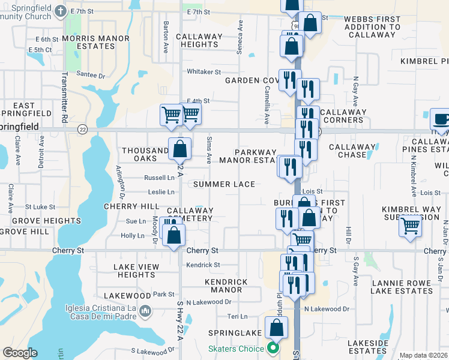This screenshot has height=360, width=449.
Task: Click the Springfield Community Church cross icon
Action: click(x=61, y=11)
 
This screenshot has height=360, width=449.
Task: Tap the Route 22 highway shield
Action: click(x=82, y=128)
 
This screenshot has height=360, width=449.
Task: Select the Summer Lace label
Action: click(x=224, y=184)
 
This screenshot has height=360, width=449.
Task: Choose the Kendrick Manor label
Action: click(x=226, y=286)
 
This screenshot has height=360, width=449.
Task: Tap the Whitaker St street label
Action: click(x=204, y=71)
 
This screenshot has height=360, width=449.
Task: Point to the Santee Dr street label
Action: click(x=91, y=75)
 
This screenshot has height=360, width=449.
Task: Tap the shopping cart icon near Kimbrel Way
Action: click(x=411, y=227)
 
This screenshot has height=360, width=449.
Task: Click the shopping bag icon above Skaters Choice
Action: click(x=276, y=328)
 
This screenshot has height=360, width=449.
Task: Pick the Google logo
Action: click(x=20, y=353)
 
